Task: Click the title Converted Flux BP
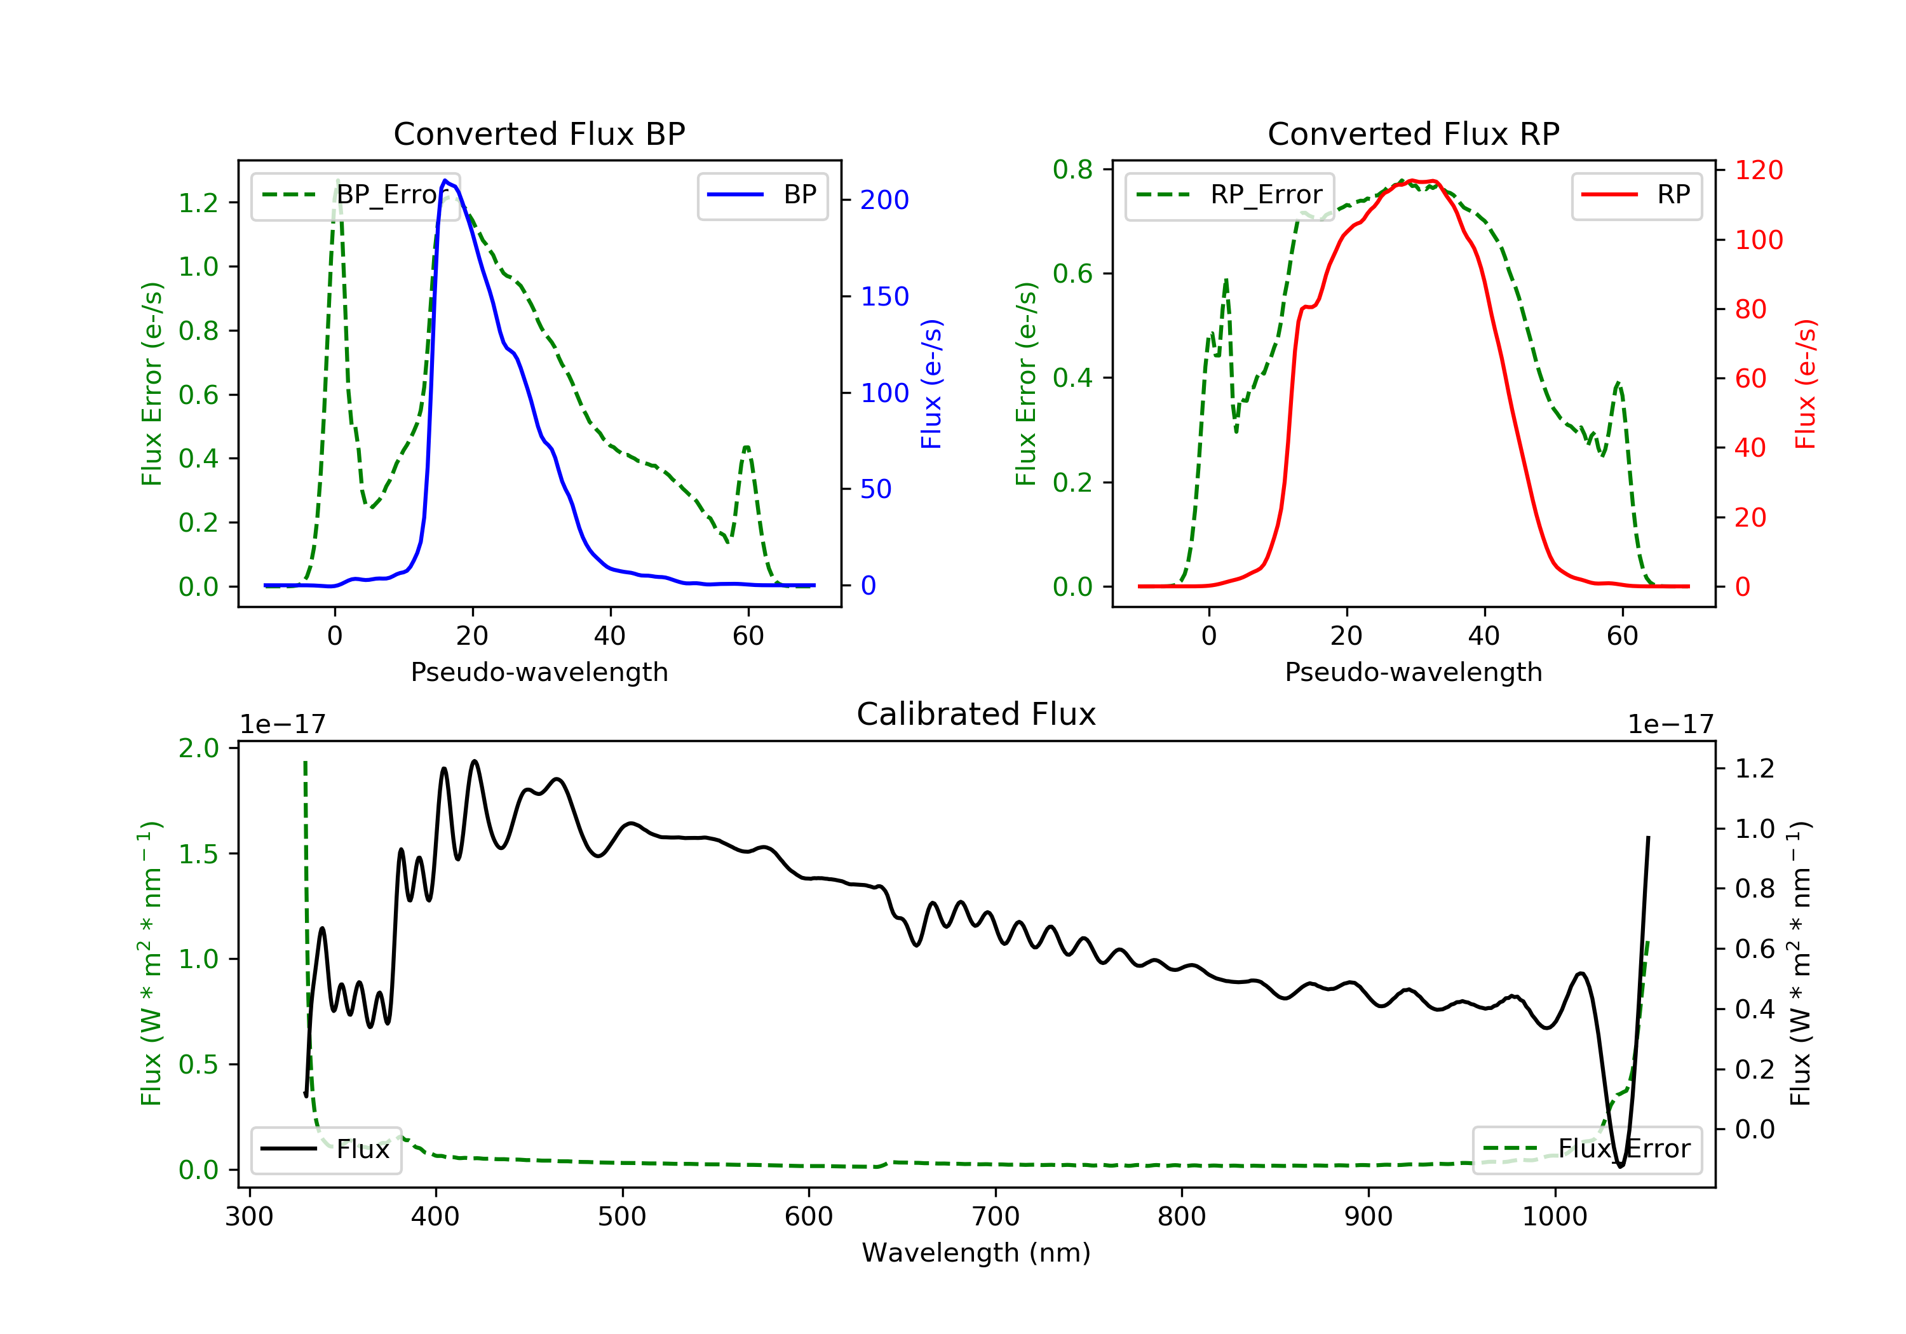pos(539,133)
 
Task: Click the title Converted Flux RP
pos(1413,133)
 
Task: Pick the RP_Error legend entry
pos(1229,195)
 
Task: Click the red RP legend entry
pos(1636,195)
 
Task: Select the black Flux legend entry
pos(327,1149)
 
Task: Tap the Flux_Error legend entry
pos(1586,1149)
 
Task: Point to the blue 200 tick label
pos(884,200)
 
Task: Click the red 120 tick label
pos(1758,170)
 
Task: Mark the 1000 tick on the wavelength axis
pos(1554,1217)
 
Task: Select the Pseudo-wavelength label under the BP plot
pos(539,671)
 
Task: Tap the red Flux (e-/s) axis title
pos(1805,384)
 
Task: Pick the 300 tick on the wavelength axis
pos(249,1217)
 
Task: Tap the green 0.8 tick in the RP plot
pos(1072,170)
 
